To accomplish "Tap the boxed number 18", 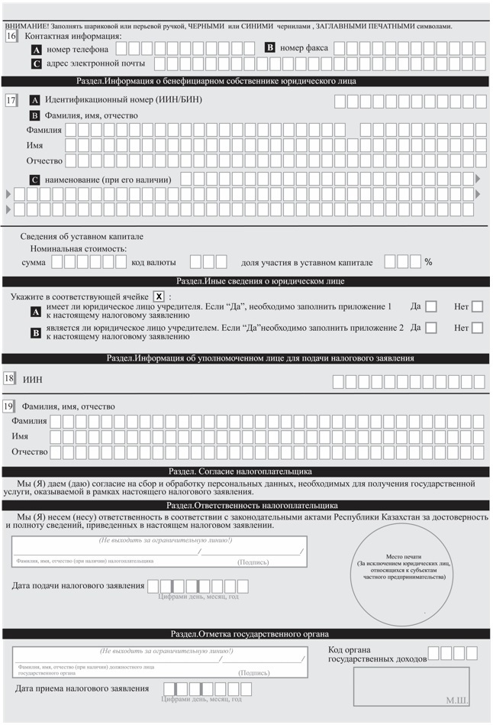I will click(10, 378).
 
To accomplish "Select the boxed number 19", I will click(10, 406).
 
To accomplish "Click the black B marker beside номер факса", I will click(269, 47).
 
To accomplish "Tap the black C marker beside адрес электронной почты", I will click(36, 63).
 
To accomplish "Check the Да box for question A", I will click(430, 307).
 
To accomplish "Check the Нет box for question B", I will click(478, 329).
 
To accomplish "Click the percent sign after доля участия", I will click(429, 262).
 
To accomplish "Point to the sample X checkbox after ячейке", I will click(159, 296).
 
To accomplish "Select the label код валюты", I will click(159, 262).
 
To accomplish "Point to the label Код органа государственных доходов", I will click(377, 654).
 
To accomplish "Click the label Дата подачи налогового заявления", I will click(79, 586).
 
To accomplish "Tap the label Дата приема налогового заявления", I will click(82, 688).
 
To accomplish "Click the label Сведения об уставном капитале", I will click(71, 236).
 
